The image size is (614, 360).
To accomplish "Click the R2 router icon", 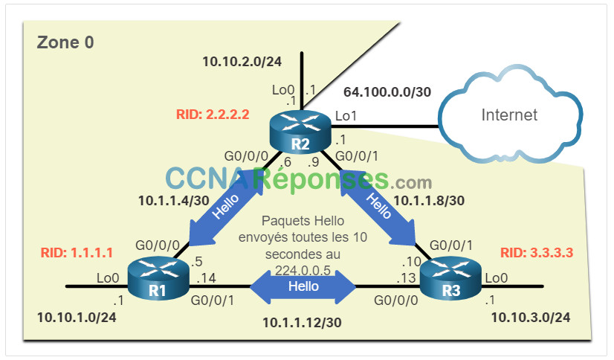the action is tap(300, 132).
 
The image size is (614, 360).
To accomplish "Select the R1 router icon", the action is tap(158, 278).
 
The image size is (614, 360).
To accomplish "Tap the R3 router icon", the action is tap(450, 278).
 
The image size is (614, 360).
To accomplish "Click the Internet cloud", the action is tap(510, 114).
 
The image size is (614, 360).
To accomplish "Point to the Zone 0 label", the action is tap(65, 42).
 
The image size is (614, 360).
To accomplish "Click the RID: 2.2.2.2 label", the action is tap(213, 114).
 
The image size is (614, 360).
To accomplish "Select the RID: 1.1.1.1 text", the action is tap(77, 253).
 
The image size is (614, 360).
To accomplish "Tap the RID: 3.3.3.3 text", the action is tap(537, 253).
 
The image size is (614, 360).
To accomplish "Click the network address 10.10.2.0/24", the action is tap(242, 62).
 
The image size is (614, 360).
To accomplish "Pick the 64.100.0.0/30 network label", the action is tap(387, 92).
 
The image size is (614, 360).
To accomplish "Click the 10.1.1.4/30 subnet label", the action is tap(173, 201).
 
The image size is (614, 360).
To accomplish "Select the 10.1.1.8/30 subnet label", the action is tap(429, 201).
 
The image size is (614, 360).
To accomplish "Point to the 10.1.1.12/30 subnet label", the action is tap(302, 322).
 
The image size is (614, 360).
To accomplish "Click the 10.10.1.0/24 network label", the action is tap(77, 318).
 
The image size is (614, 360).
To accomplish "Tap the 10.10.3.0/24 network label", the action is tap(531, 318).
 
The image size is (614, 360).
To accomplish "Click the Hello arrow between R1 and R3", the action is tap(303, 286).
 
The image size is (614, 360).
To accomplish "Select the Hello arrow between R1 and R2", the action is tap(226, 207).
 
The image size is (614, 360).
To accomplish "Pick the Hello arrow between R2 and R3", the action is tap(378, 207).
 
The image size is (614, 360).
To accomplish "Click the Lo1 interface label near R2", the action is tap(346, 116).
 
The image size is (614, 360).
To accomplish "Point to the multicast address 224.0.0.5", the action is tap(303, 270).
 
